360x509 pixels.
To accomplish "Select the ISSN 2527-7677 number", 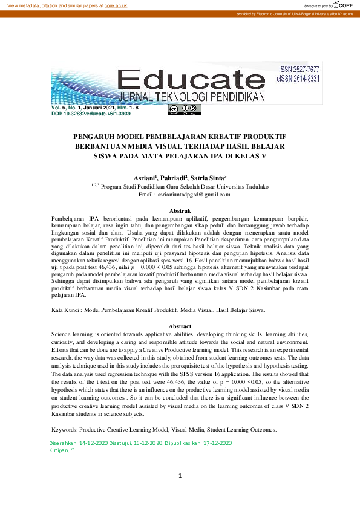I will point(299,71).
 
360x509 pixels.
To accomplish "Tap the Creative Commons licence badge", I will point(176,110).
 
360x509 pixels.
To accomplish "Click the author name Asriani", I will point(145,178).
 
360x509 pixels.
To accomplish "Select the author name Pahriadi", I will point(174,178).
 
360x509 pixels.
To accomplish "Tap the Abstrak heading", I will point(179,210).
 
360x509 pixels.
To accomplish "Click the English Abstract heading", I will point(179,326).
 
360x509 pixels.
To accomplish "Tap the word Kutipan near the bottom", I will point(59,450).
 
